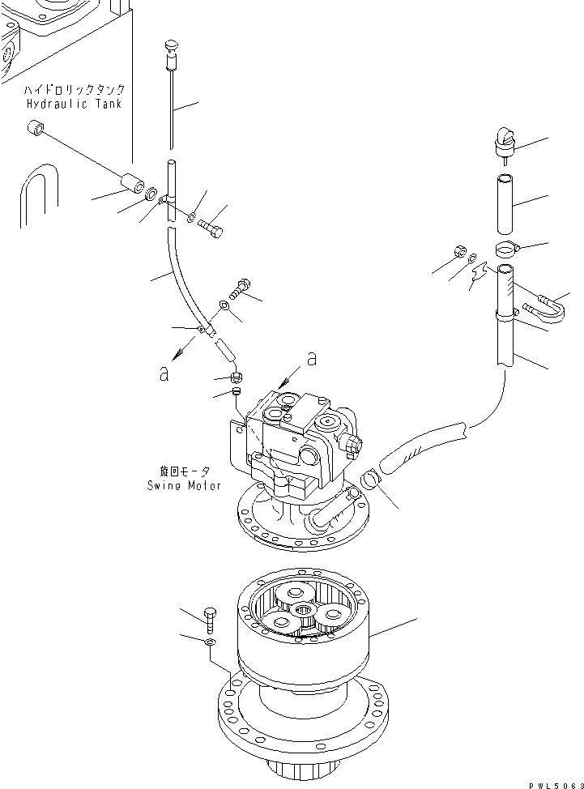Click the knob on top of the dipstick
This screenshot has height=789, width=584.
pyautogui.click(x=172, y=45)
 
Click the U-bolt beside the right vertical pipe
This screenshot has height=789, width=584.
pyautogui.click(x=544, y=308)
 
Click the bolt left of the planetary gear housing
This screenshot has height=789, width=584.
pyautogui.click(x=210, y=620)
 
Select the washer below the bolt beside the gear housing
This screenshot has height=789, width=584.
pyautogui.click(x=210, y=642)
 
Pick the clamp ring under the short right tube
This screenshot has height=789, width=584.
pyautogui.click(x=505, y=248)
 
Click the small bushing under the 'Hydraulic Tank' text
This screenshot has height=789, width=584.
pyautogui.click(x=35, y=128)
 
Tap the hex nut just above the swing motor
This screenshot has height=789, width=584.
pyautogui.click(x=236, y=377)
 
